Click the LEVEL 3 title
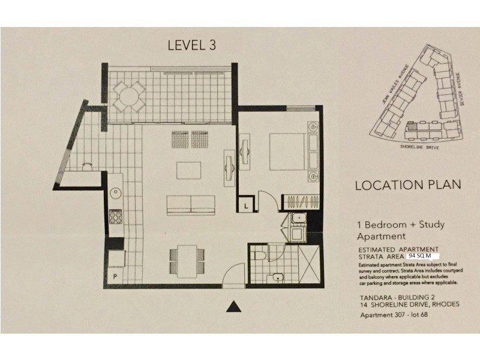pos(191,44)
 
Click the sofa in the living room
pos(190,204)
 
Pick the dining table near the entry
pos(186,259)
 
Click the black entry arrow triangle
pos(235,307)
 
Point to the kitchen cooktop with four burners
pos(115,216)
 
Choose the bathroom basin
pos(277,277)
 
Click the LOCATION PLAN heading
pos(407,185)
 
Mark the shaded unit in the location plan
pos(412,127)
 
